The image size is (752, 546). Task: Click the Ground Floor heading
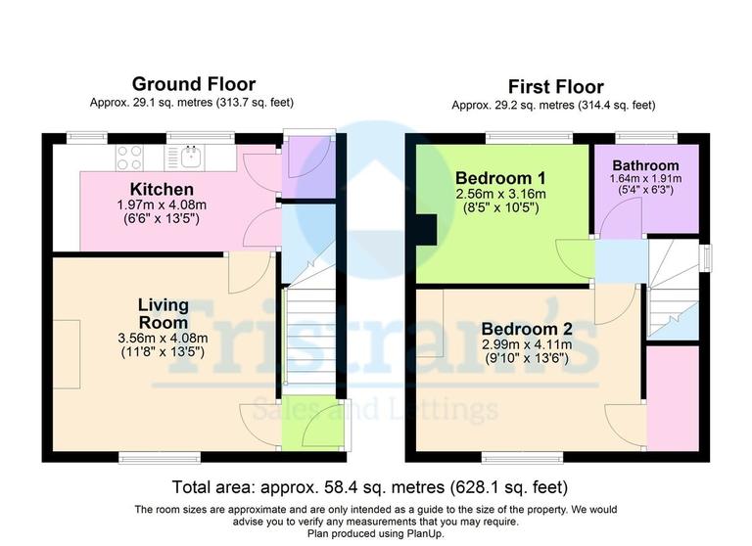pyautogui.click(x=193, y=84)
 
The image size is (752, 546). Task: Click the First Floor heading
pyautogui.click(x=554, y=87)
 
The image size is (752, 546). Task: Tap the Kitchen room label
pyautogui.click(x=162, y=189)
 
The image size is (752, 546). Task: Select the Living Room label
pyautogui.click(x=162, y=314)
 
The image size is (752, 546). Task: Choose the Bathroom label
pyautogui.click(x=644, y=165)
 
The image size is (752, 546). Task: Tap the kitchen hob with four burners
pyautogui.click(x=130, y=157)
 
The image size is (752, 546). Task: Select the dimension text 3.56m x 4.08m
pyautogui.click(x=162, y=339)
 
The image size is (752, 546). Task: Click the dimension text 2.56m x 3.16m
pyautogui.click(x=500, y=194)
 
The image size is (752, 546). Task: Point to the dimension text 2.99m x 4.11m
pyautogui.click(x=527, y=344)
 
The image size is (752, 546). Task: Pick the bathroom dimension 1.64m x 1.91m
pyautogui.click(x=644, y=179)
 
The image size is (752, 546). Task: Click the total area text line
pyautogui.click(x=370, y=486)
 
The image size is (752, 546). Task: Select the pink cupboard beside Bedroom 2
pyautogui.click(x=673, y=396)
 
